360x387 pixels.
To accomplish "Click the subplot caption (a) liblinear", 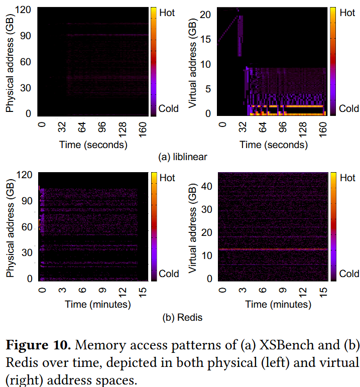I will [x=182, y=157].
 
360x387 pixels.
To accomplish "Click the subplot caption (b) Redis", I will [x=182, y=317].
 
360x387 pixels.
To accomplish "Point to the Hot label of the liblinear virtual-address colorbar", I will [x=347, y=13].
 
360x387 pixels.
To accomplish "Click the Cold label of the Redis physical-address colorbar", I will [x=169, y=274].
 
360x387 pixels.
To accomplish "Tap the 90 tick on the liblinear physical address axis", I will [x=26, y=35].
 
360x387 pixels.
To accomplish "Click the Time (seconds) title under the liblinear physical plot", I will [x=93, y=145].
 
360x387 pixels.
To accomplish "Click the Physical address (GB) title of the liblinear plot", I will [x=10, y=61].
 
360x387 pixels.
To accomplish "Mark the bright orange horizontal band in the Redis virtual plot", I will [x=274, y=249].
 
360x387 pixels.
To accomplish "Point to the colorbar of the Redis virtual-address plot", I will [x=333, y=226].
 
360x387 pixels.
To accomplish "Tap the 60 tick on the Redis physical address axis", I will [x=26, y=227].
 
